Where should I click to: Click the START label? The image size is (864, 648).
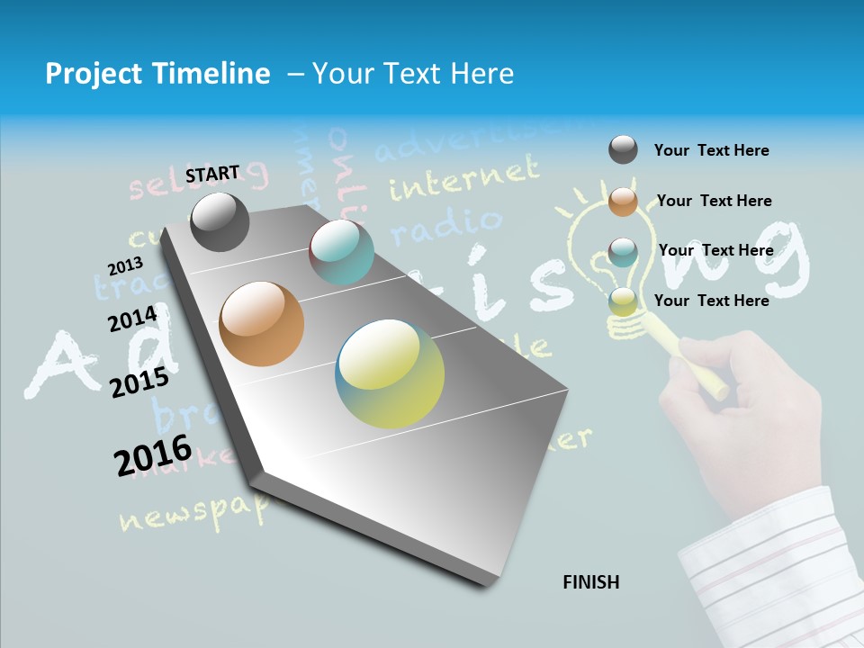pyautogui.click(x=212, y=174)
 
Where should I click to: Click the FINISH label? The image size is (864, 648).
pyautogui.click(x=590, y=582)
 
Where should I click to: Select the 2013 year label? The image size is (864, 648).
pyautogui.click(x=125, y=266)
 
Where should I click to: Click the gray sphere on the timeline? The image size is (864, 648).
pyautogui.click(x=220, y=221)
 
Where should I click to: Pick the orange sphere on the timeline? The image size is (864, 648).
pyautogui.click(x=262, y=324)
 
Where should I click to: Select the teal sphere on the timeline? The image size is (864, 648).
pyautogui.click(x=341, y=251)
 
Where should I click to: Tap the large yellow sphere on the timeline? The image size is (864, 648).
pyautogui.click(x=390, y=373)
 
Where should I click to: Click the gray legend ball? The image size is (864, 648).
pyautogui.click(x=623, y=150)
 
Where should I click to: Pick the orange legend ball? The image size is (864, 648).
pyautogui.click(x=623, y=201)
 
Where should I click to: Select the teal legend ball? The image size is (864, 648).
pyautogui.click(x=623, y=251)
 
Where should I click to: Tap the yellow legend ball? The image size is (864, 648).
pyautogui.click(x=623, y=301)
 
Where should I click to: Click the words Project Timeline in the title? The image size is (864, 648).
pyautogui.click(x=157, y=74)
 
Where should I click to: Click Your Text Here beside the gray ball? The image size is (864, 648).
pyautogui.click(x=711, y=150)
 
